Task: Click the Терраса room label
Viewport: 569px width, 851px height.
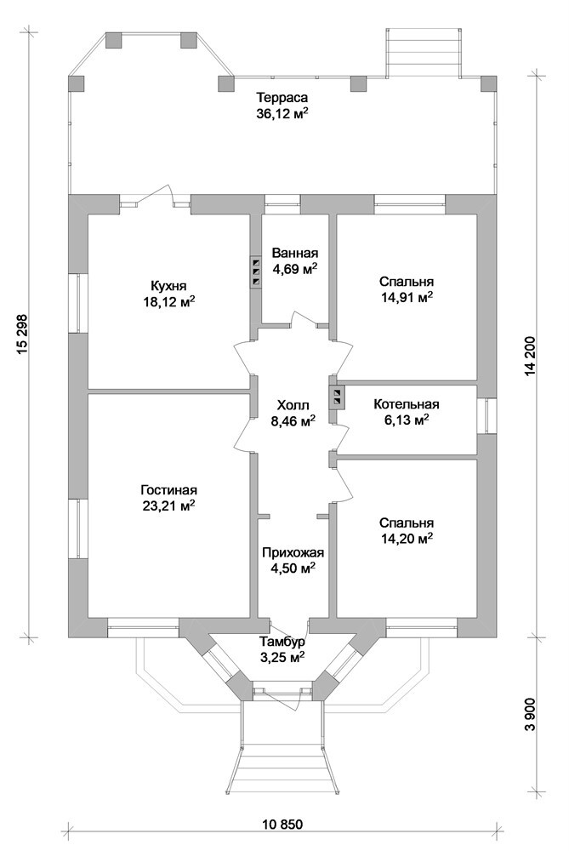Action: [x=282, y=98]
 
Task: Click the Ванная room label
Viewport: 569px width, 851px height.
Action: [x=294, y=254]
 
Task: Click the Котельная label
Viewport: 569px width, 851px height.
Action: [x=407, y=404]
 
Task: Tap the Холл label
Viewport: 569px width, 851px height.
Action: [x=294, y=405]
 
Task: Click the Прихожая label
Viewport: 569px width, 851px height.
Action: [x=294, y=552]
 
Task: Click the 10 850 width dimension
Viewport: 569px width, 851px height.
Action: [x=282, y=825]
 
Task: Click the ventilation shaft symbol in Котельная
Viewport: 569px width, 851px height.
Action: [x=338, y=396]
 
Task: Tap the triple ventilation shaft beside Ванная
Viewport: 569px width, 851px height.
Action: [x=254, y=271]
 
